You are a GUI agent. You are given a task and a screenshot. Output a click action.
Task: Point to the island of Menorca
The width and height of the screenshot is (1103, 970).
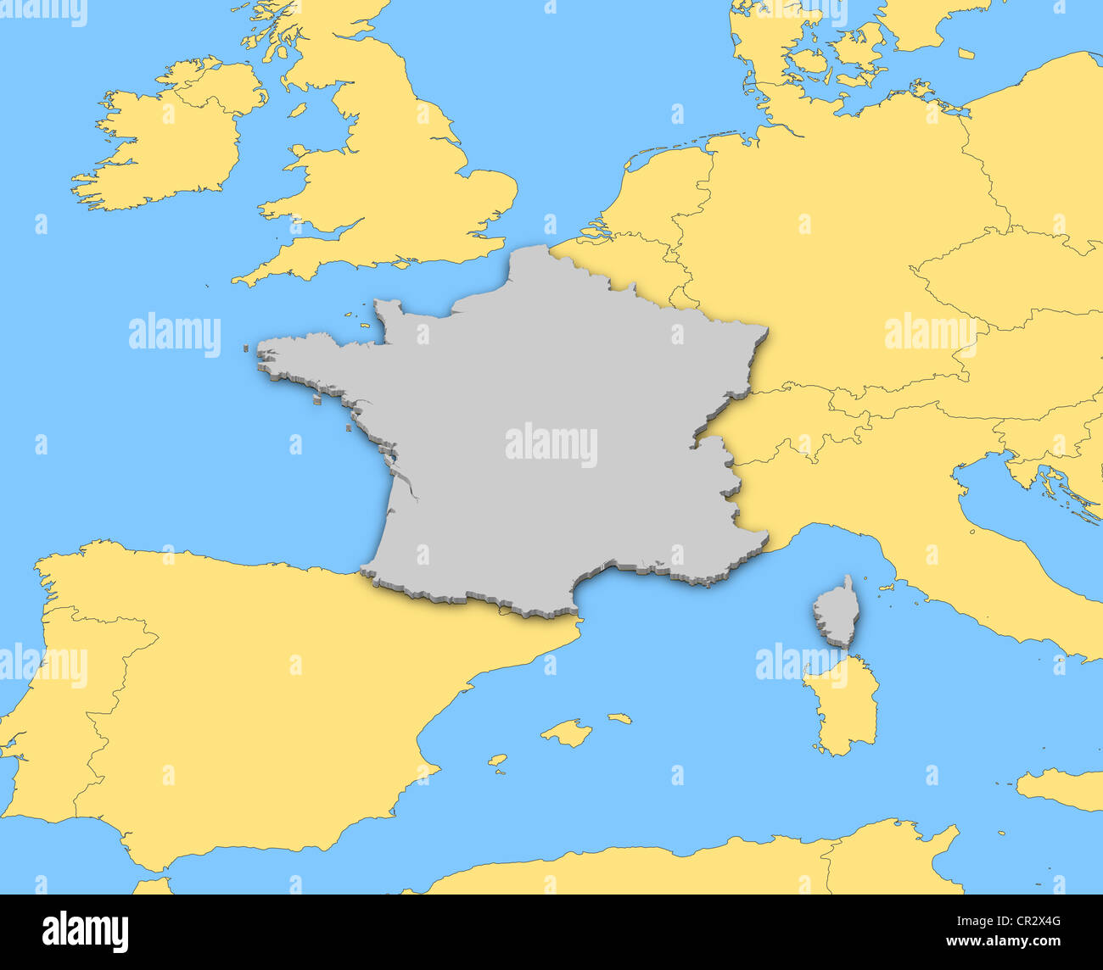coord(620,718)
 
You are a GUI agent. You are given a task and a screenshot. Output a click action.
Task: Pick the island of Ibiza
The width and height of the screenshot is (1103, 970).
coord(497,761)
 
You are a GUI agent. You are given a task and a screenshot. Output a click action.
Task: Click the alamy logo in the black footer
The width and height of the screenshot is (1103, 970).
coord(85,931)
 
